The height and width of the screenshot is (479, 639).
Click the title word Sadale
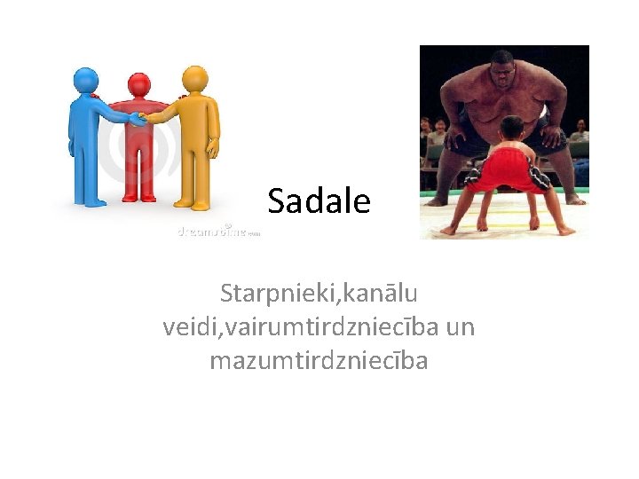pos(319,202)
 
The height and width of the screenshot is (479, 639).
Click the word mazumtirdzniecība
pos(319,361)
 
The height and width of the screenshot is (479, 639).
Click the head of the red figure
pos(139,85)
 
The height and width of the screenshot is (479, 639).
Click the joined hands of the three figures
pos(138,117)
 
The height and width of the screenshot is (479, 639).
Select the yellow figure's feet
pos(195,201)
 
